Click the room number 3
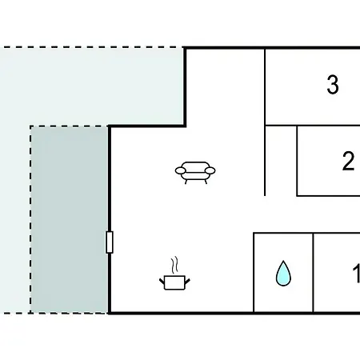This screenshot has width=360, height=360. pyautogui.click(x=333, y=85)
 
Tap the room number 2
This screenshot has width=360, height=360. pyautogui.click(x=348, y=161)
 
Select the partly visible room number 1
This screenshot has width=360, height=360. pyautogui.click(x=356, y=273)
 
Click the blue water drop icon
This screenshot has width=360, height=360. pyautogui.click(x=283, y=274)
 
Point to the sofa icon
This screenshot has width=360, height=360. pyautogui.click(x=195, y=173)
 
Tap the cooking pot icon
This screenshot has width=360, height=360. pyautogui.click(x=174, y=282)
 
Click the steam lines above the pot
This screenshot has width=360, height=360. pyautogui.click(x=174, y=265)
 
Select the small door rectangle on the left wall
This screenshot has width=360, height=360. pyautogui.click(x=110, y=242)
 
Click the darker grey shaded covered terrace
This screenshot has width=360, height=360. pyautogui.click(x=70, y=219)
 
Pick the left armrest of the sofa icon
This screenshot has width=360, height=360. pyautogui.click(x=181, y=170)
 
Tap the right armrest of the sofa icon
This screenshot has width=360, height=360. pyautogui.click(x=210, y=170)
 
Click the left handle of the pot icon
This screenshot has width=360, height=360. pyautogui.click(x=162, y=281)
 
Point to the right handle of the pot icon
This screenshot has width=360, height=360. pyautogui.click(x=187, y=281)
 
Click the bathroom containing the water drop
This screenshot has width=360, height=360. pyautogui.click(x=283, y=273)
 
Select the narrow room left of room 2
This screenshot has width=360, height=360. pyautogui.click(x=281, y=161)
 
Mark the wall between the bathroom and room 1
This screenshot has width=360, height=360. pyautogui.click(x=314, y=273)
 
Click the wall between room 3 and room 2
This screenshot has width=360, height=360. pyautogui.click(x=313, y=126)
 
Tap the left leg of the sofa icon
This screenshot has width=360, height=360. pyautogui.click(x=186, y=182)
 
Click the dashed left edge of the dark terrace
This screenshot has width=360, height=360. pyautogui.click(x=30, y=219)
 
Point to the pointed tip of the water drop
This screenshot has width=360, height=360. pyautogui.click(x=283, y=261)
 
